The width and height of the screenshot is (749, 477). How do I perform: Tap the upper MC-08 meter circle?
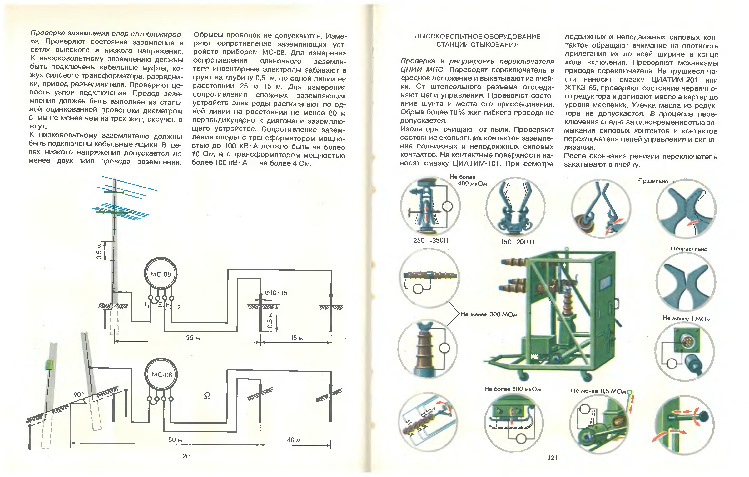click(x=161, y=274)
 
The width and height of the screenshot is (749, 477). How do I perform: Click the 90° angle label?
click(x=79, y=394)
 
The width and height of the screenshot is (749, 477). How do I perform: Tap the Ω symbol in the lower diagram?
click(x=207, y=396)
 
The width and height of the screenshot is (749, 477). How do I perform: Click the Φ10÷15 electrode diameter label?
click(x=275, y=293)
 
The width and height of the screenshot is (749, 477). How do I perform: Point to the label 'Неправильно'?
click(x=689, y=249)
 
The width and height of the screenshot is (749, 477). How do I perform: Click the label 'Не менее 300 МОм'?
click(x=489, y=314)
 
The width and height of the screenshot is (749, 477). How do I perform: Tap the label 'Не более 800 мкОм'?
click(x=513, y=389)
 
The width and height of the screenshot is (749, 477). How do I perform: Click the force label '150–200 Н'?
click(x=518, y=242)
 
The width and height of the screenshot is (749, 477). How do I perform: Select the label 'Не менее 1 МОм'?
click(x=686, y=318)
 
